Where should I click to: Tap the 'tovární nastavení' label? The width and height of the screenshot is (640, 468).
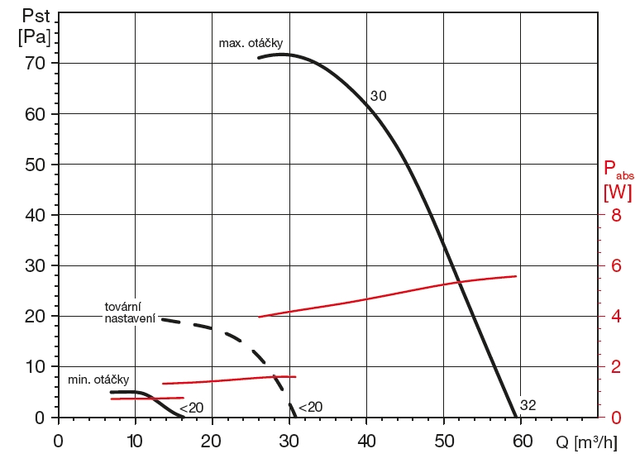click(x=130, y=313)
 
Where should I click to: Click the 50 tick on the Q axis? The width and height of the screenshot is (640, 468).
click(x=444, y=441)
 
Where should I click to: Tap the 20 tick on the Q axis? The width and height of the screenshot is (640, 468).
click(x=213, y=441)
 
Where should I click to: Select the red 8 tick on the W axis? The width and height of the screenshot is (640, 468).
click(x=614, y=215)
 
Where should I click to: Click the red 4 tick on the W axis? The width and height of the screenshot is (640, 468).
click(x=614, y=316)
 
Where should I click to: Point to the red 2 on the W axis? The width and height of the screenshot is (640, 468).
click(x=614, y=366)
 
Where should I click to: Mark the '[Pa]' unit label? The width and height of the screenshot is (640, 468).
click(x=33, y=37)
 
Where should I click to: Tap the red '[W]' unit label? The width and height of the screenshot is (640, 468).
click(x=618, y=193)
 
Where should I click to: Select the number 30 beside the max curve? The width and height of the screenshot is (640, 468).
click(x=378, y=96)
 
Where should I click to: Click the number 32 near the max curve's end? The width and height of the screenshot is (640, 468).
click(x=528, y=405)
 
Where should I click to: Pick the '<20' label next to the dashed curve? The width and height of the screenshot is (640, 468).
click(x=310, y=407)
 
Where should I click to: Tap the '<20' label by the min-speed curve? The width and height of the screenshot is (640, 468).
click(x=191, y=407)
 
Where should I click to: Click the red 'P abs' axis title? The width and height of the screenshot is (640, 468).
click(x=619, y=171)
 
